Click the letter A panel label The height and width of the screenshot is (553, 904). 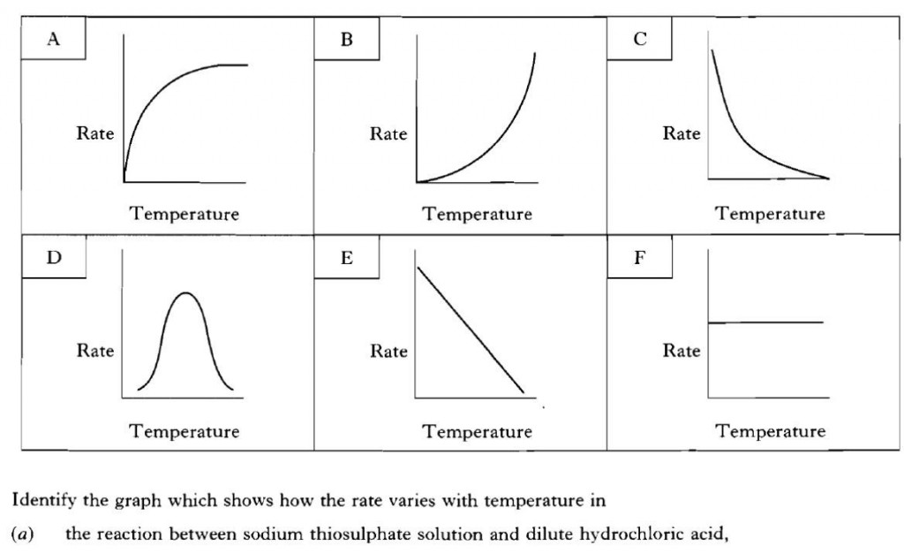coord(53,39)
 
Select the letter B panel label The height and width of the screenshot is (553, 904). coord(347,39)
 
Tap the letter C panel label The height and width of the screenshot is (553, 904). coord(640,39)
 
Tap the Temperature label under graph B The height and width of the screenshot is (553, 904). coord(478,214)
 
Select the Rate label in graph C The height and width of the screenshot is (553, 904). coord(682,134)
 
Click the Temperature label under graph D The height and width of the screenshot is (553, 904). coord(185,432)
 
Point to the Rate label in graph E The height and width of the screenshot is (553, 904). coord(388,352)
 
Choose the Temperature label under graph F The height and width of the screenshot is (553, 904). coord(771,432)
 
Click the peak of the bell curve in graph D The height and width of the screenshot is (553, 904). coord(185,292)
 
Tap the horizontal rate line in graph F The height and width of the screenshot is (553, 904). coord(765,322)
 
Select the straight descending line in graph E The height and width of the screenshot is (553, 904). coord(471,329)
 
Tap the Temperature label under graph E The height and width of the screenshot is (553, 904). coord(478,432)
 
